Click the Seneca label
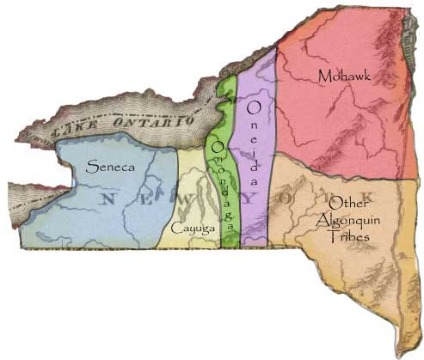click(110, 168)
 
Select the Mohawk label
click(341, 76)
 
